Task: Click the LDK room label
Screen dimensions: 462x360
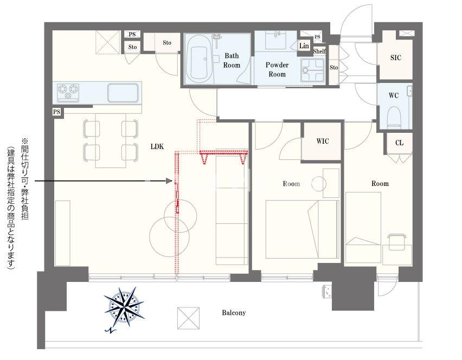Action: click(157, 146)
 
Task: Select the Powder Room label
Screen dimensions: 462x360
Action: click(277, 69)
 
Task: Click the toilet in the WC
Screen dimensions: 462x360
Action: click(394, 117)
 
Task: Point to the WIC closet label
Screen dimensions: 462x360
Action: click(322, 141)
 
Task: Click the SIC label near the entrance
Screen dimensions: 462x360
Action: click(395, 57)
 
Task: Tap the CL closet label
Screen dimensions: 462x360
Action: click(399, 143)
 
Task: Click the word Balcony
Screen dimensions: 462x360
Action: click(234, 313)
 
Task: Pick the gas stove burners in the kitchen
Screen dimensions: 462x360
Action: click(68, 91)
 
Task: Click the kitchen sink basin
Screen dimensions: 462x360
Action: click(123, 93)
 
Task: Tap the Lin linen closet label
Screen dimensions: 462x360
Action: click(304, 46)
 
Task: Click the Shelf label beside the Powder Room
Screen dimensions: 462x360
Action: click(319, 52)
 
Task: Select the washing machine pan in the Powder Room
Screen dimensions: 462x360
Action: click(312, 70)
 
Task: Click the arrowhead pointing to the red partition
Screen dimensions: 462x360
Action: click(169, 181)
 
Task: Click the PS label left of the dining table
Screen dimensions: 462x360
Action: click(56, 112)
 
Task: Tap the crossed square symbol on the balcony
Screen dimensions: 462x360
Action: click(188, 318)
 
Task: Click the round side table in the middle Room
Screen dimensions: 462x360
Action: click(319, 184)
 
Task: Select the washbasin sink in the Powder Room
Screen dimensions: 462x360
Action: click(276, 40)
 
